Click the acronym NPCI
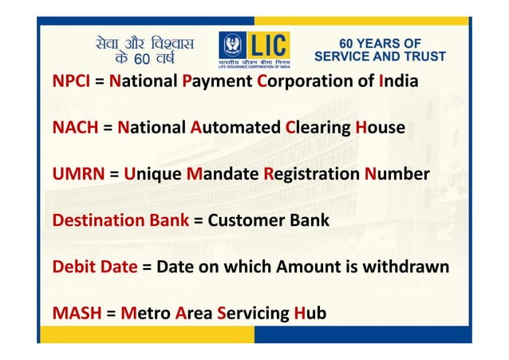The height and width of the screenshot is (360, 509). [x=71, y=82]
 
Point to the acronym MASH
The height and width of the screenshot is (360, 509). [x=73, y=312]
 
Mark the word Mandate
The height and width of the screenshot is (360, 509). [x=223, y=174]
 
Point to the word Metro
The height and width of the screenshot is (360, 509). [x=144, y=312]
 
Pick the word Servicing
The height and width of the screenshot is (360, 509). [x=251, y=312]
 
